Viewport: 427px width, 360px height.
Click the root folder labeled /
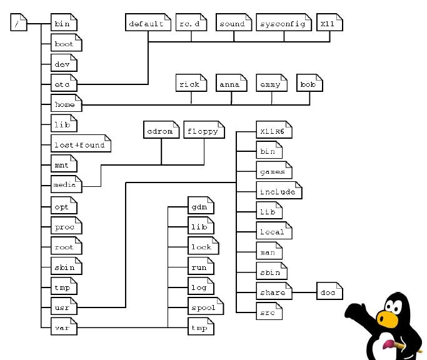(18, 24)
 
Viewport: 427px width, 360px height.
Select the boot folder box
(65, 44)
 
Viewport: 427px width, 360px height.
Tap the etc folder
(63, 84)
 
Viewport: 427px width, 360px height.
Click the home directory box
(65, 104)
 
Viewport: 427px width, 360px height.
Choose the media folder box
(65, 185)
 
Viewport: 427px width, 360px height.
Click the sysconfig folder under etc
(283, 24)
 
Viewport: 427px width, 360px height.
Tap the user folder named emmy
(271, 84)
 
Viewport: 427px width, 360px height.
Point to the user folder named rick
(190, 84)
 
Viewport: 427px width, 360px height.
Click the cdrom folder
(161, 132)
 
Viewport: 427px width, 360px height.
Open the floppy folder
(203, 132)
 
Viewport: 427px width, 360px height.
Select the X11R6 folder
(274, 132)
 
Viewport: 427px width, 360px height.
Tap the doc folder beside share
(329, 292)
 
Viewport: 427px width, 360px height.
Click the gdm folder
(200, 206)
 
